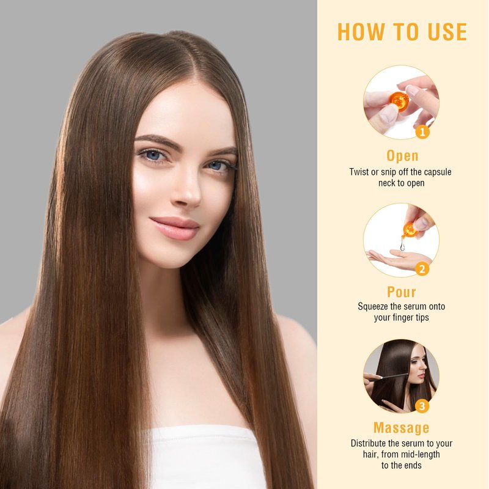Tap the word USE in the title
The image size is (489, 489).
coord(447,32)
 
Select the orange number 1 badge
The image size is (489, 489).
coord(422,132)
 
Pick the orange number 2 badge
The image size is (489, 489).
coord(422,269)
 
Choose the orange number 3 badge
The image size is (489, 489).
coord(422,406)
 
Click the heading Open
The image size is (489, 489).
coord(402,156)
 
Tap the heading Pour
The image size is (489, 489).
coord(402,292)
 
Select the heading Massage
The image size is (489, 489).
coord(402,428)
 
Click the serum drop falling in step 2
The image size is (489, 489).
coord(402,246)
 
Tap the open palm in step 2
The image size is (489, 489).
coord(396,259)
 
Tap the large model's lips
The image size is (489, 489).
coord(175,228)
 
